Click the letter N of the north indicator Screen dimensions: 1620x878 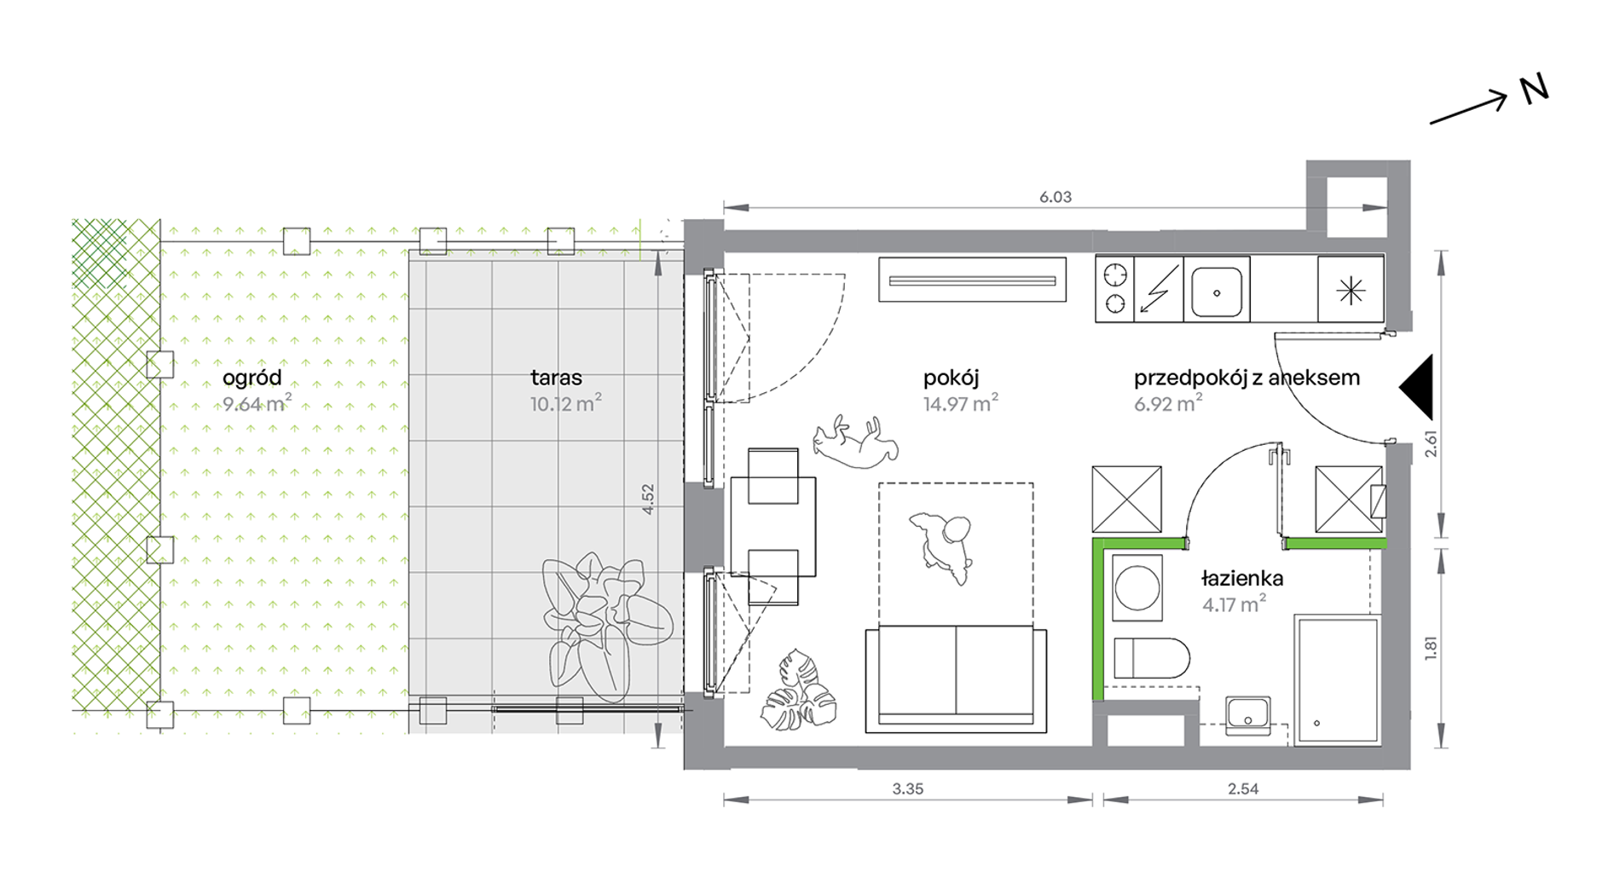tap(1534, 90)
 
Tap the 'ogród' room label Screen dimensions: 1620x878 tap(252, 378)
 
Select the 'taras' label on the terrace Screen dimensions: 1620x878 tap(556, 378)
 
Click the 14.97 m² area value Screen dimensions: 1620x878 tap(960, 403)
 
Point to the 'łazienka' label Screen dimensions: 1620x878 tap(1241, 578)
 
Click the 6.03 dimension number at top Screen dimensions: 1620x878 tap(1056, 197)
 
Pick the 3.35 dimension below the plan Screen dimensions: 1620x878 tap(908, 788)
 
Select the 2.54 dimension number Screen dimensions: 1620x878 tap(1243, 788)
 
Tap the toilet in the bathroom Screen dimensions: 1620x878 tap(1151, 658)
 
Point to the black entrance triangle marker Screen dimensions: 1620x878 tap(1416, 387)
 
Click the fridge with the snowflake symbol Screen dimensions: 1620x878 tap(1351, 290)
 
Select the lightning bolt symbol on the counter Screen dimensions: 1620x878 tap(1159, 289)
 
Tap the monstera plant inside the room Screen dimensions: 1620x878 tap(799, 690)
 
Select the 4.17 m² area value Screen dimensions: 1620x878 tap(1234, 604)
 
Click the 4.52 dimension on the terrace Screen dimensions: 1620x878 tap(648, 500)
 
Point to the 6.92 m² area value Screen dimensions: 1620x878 tap(1168, 403)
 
